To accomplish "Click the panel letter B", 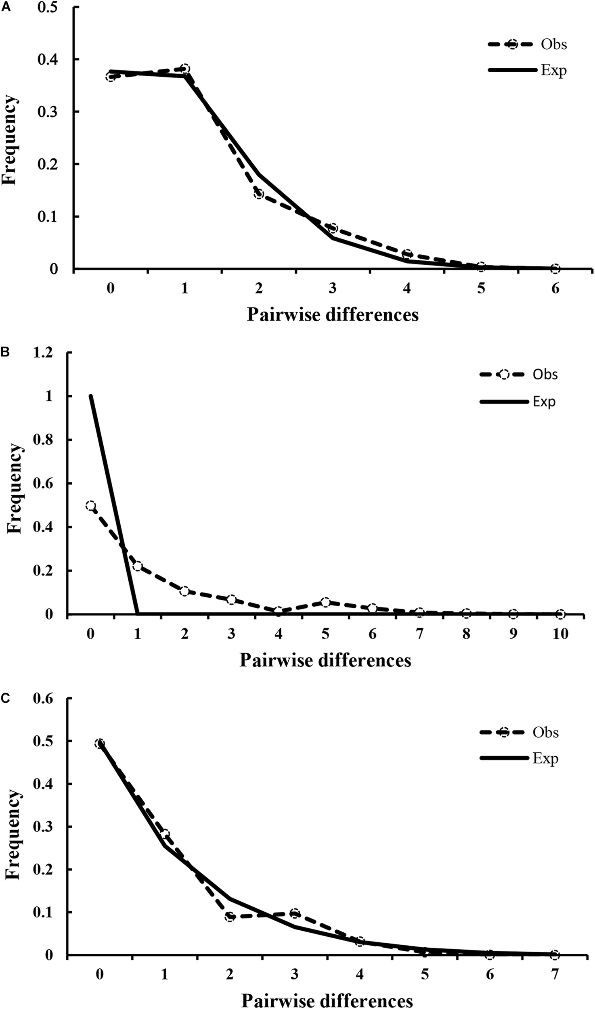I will (6, 352).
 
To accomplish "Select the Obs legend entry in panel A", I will (553, 44).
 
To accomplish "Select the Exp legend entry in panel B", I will (544, 402).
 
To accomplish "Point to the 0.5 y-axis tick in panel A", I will (48, 8).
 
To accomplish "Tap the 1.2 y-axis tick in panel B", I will (44, 353).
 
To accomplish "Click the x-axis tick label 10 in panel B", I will (560, 634).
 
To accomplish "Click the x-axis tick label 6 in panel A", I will (555, 289).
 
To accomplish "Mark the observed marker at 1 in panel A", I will (185, 69).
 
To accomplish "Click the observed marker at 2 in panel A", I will (259, 194).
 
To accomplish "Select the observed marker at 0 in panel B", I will (91, 506).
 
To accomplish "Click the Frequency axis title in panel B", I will (15, 489).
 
